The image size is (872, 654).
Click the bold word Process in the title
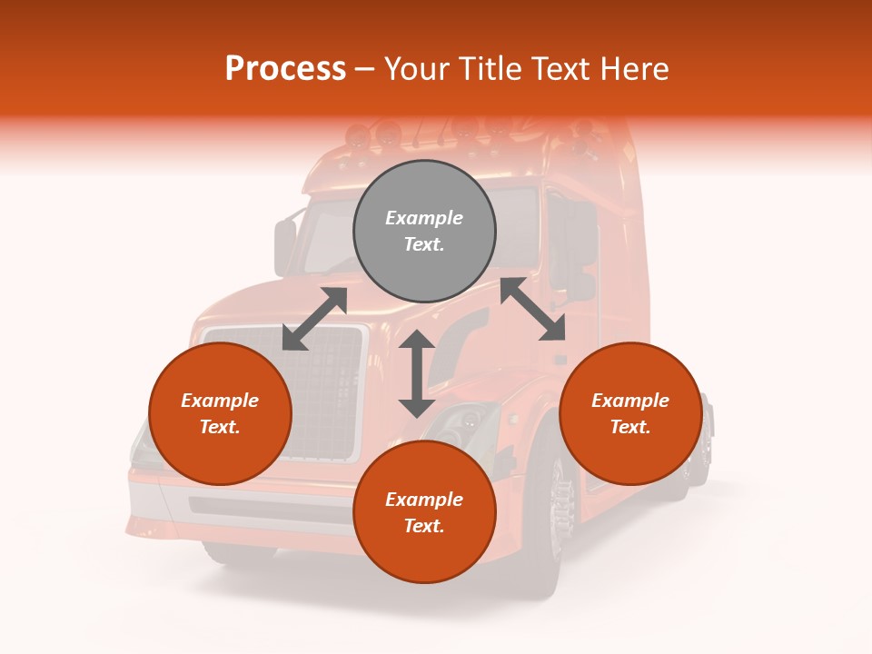point(285,69)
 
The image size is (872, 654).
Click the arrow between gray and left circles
point(314,319)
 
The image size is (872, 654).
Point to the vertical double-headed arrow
point(417,373)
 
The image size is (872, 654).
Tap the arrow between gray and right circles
point(533,309)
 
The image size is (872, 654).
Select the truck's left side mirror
point(285,246)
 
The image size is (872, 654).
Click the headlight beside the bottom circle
point(468,422)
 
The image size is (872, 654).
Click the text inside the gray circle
point(424,231)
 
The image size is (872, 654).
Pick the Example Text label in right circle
point(630,413)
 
